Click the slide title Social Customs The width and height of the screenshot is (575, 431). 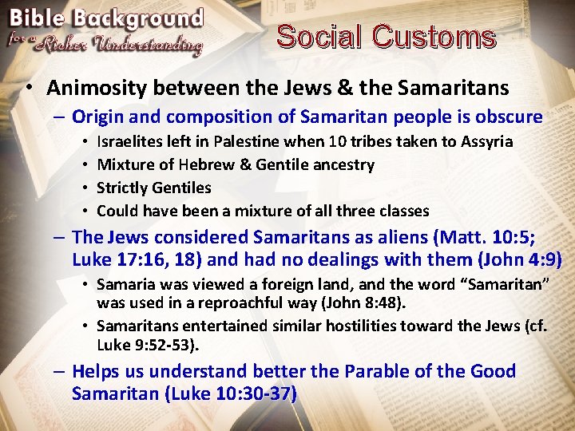click(386, 37)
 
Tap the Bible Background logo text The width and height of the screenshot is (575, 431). click(106, 20)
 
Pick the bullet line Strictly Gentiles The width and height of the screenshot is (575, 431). click(153, 188)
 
